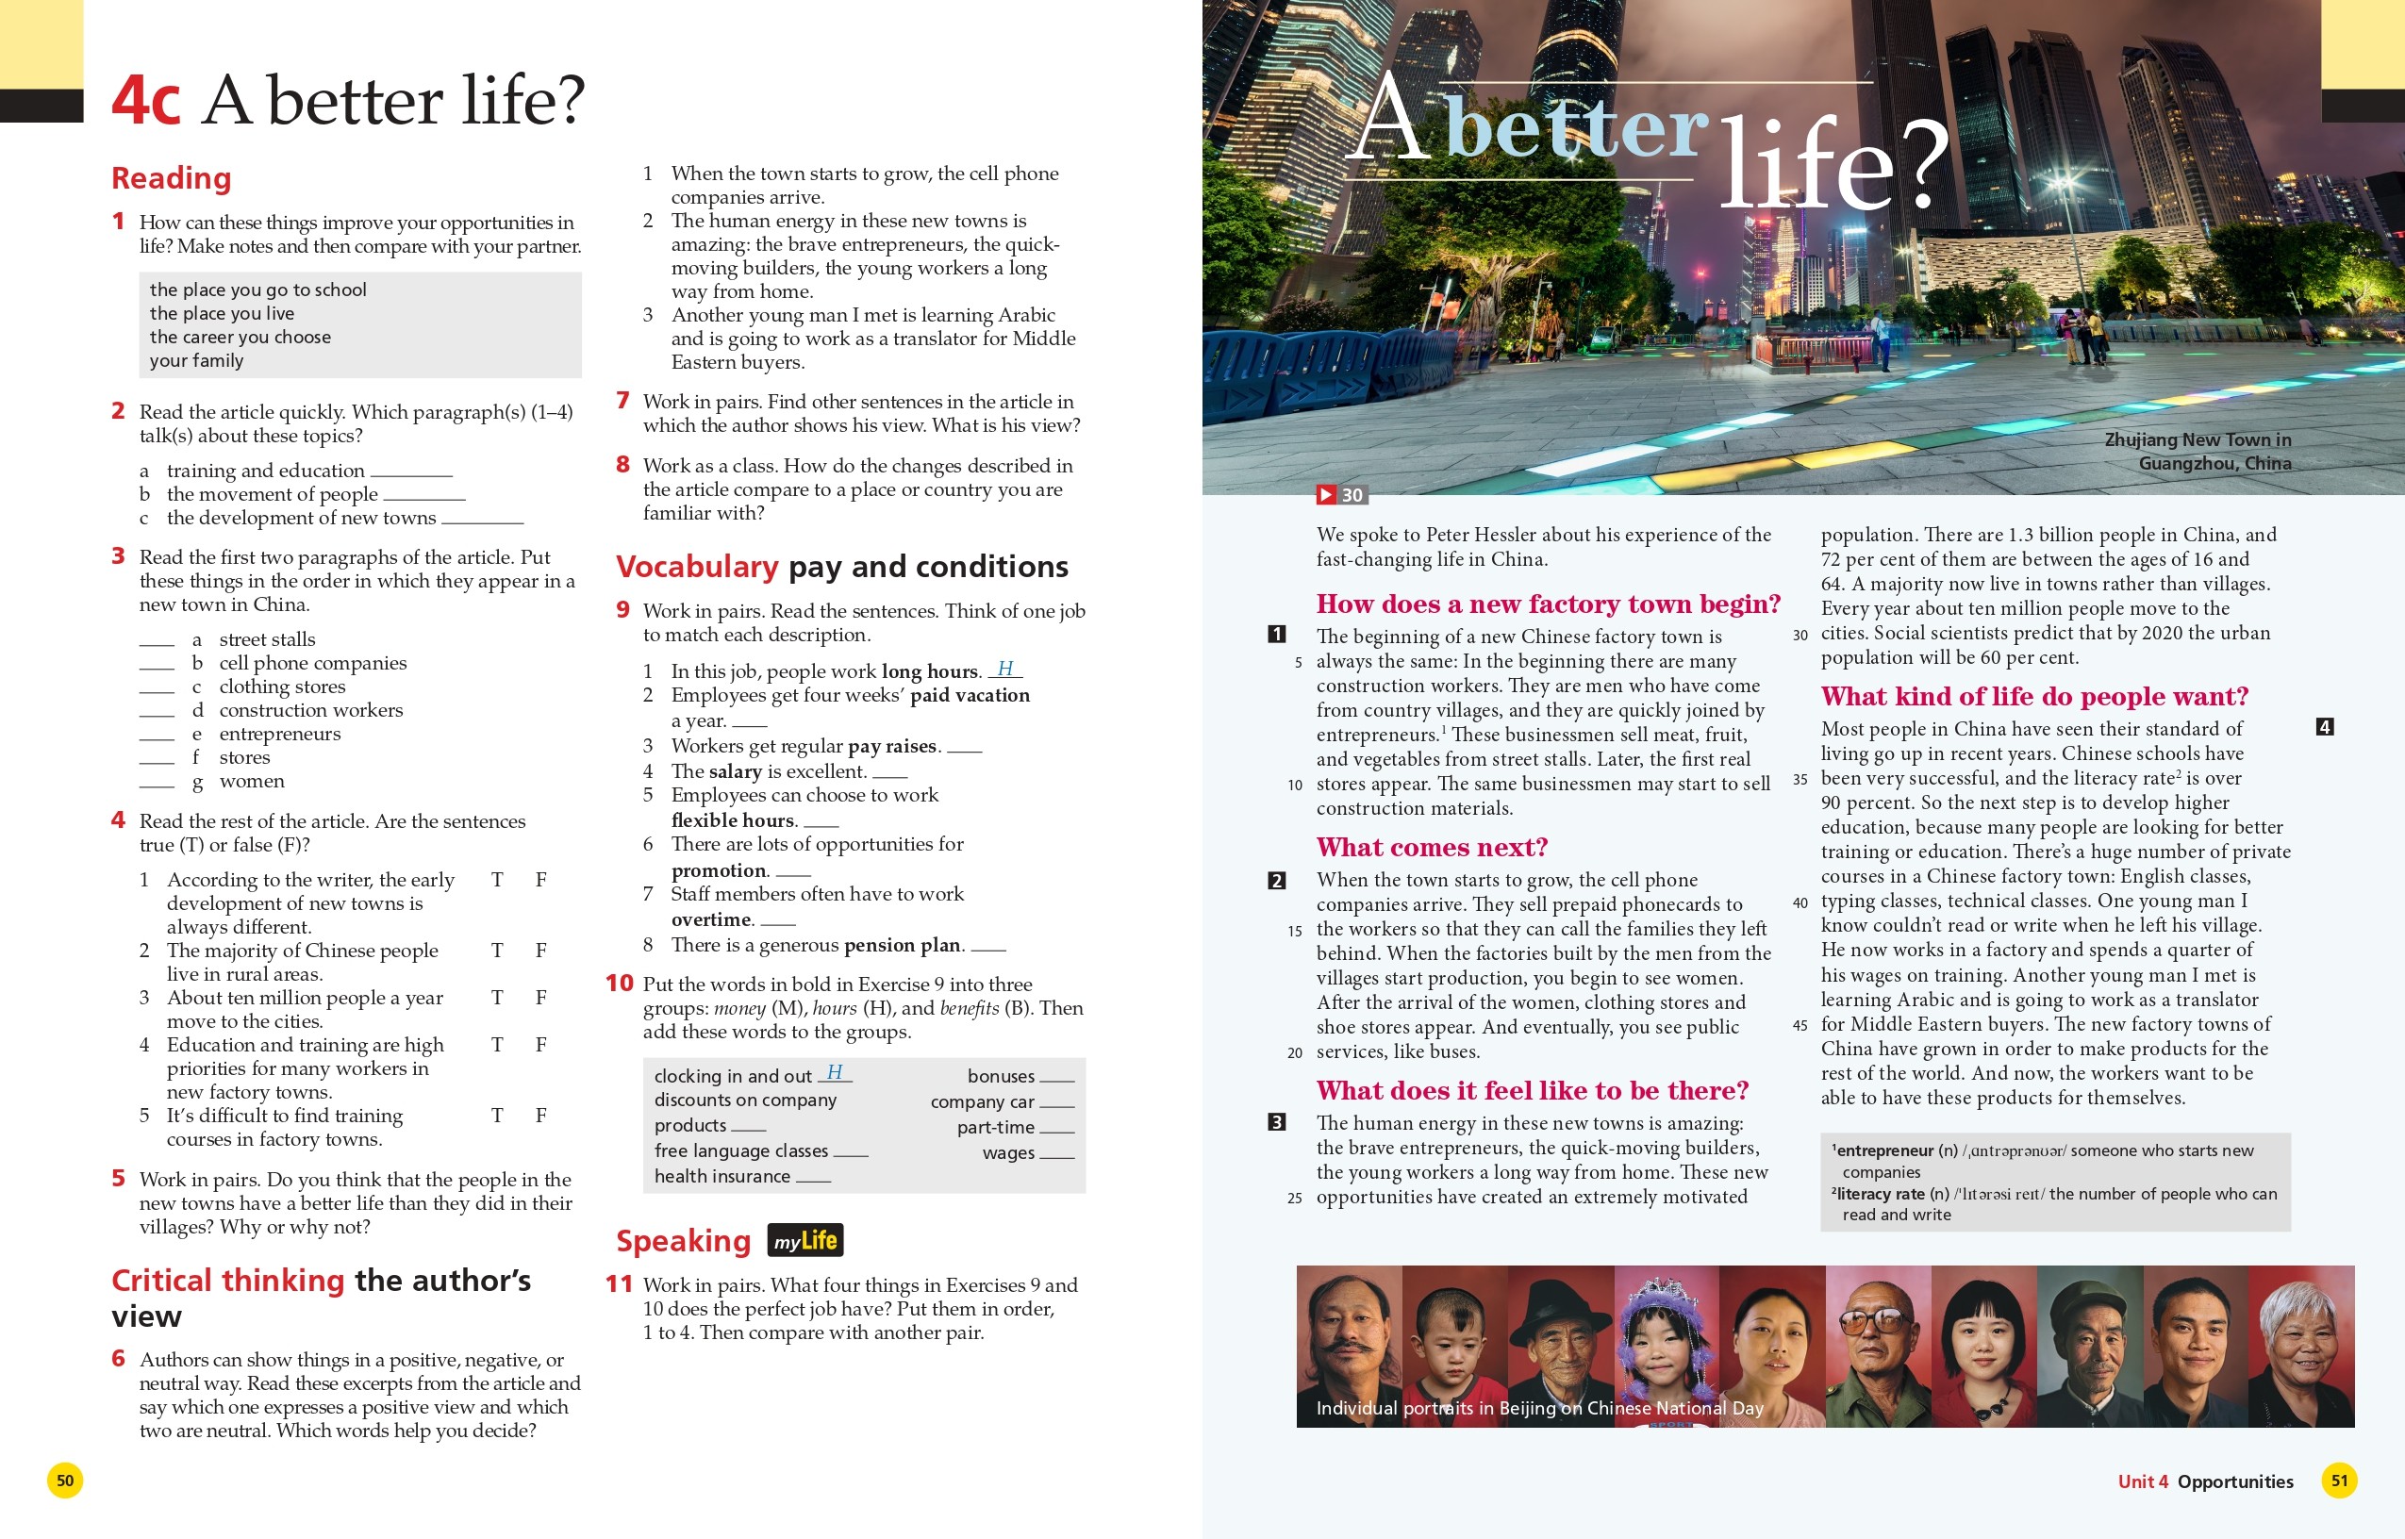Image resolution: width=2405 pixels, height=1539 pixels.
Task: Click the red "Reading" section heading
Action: (171, 178)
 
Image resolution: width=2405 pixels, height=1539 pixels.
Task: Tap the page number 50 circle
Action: (65, 1480)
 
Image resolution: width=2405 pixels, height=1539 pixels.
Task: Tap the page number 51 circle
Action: (2338, 1480)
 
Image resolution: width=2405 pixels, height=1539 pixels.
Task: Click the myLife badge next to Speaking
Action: (804, 1240)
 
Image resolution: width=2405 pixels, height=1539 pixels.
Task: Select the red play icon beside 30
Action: (1325, 495)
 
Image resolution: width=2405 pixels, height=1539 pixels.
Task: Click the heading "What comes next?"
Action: (1431, 848)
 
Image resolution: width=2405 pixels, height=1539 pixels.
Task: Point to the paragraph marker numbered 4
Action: (2324, 726)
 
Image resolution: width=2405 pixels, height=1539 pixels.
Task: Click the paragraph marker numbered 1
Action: (1276, 634)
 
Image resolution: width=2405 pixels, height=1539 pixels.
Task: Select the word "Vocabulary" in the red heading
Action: (696, 567)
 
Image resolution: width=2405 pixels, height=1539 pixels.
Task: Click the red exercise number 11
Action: (619, 1284)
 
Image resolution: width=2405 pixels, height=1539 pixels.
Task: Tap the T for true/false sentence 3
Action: (497, 998)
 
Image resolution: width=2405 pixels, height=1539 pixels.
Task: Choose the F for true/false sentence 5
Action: (540, 1116)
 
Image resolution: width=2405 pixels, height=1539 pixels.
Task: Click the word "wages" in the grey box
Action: (1007, 1152)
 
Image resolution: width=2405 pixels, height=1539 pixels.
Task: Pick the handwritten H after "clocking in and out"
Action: (835, 1072)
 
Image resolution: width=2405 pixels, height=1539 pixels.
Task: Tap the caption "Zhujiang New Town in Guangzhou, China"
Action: (2198, 451)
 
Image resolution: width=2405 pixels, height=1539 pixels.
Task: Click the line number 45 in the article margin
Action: (1800, 1025)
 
